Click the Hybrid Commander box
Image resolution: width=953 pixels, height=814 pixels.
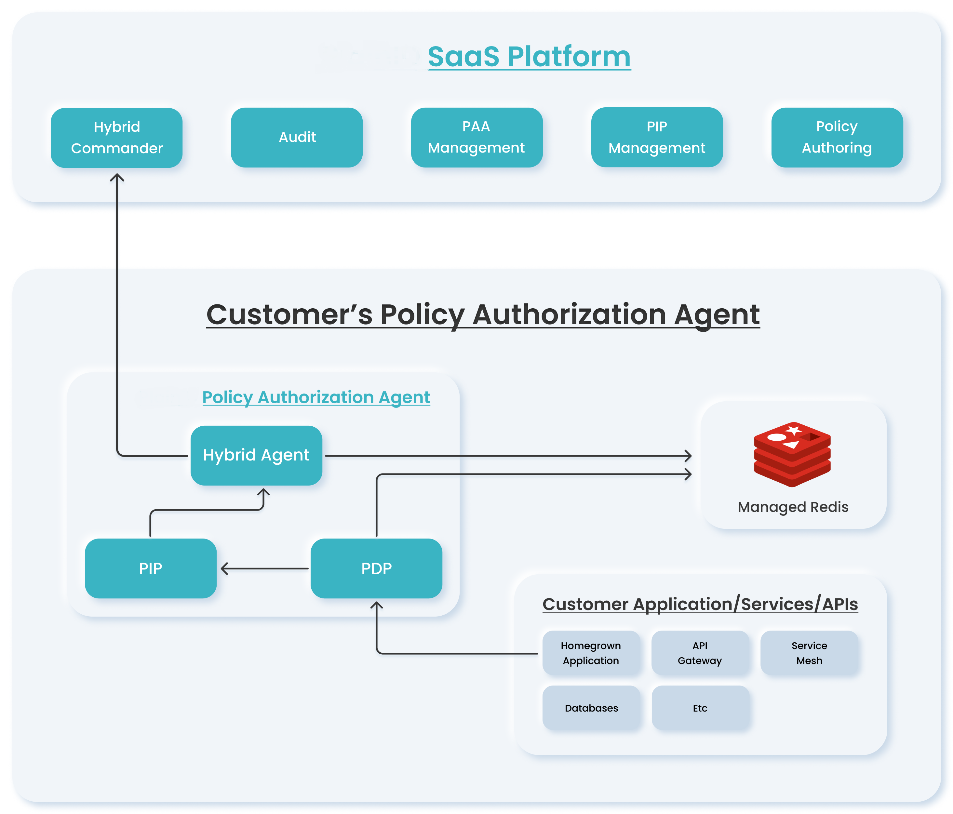[116, 138]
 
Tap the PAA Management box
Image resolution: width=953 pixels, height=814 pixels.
[476, 137]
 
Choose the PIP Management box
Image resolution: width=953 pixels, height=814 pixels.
[657, 137]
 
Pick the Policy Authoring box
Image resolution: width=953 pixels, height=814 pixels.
[837, 137]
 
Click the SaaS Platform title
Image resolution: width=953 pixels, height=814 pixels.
[529, 57]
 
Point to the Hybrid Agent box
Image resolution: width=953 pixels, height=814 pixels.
[256, 455]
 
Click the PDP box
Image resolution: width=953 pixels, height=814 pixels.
[376, 568]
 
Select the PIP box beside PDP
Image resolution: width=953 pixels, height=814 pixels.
[150, 568]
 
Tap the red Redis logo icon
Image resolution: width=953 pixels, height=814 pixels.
[792, 454]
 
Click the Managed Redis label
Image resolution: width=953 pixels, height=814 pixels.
[792, 507]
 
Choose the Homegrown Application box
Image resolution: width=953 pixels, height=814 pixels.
[591, 653]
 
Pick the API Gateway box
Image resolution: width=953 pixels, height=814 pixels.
[700, 653]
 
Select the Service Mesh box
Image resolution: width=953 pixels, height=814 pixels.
[809, 653]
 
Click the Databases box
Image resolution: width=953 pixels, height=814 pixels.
[591, 708]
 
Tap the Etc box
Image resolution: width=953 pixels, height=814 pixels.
[700, 708]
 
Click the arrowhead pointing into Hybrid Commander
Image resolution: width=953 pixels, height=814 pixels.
[117, 177]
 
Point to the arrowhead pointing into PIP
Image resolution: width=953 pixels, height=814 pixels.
[224, 568]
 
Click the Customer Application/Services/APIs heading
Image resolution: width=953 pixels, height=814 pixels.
[700, 604]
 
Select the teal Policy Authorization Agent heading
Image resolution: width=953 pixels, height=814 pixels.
[316, 397]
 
